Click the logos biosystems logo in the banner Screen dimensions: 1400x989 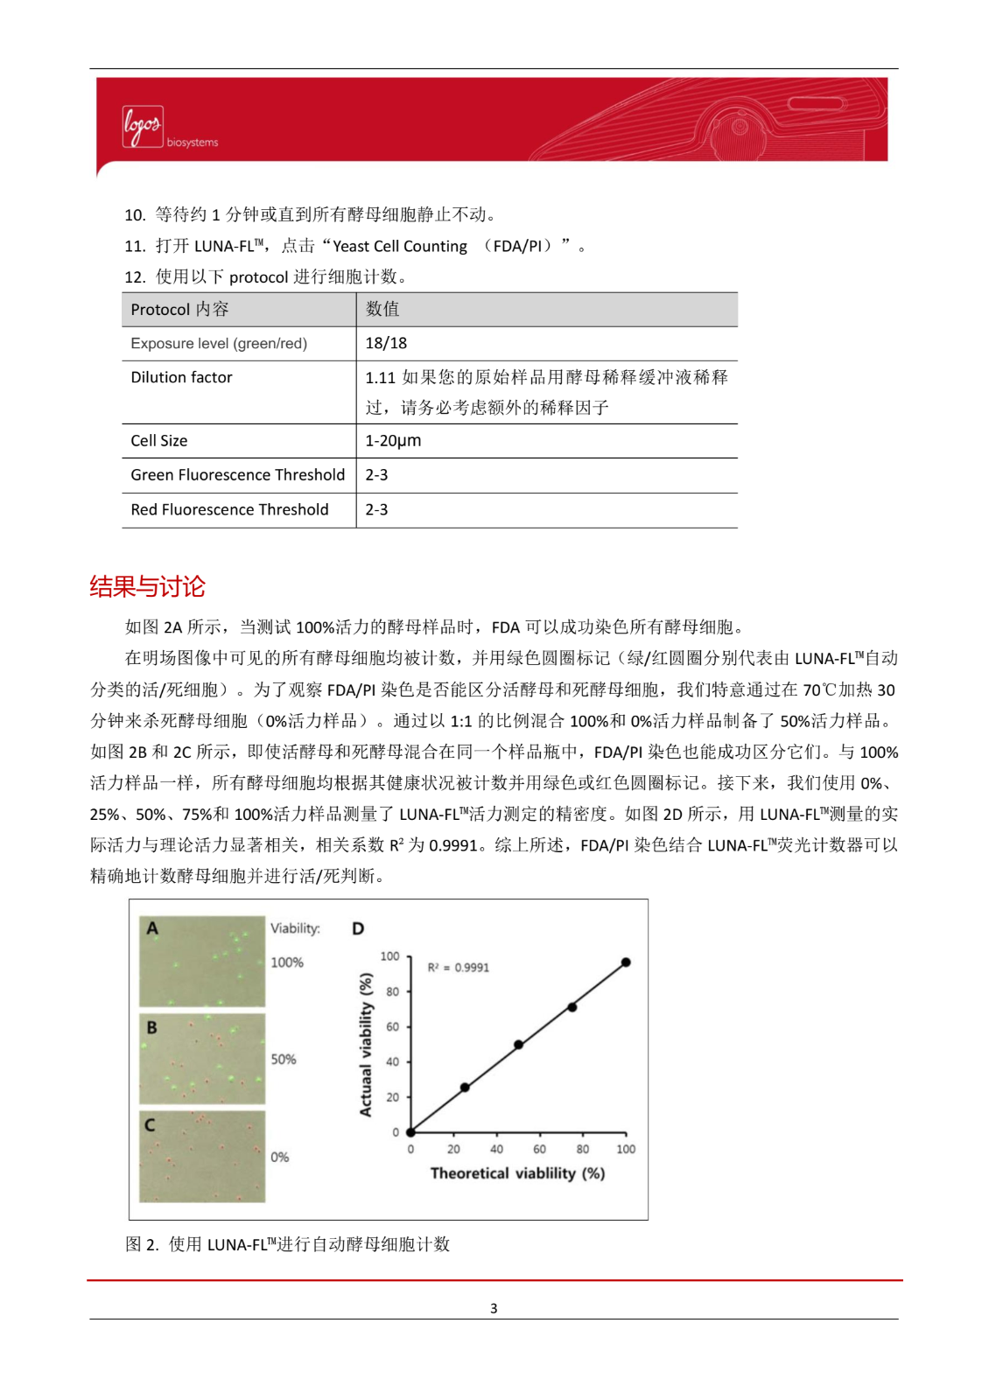pyautogui.click(x=168, y=129)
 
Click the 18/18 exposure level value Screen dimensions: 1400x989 pyautogui.click(x=386, y=343)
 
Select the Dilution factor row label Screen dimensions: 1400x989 pyautogui.click(x=181, y=377)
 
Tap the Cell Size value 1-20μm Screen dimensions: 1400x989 pyautogui.click(x=393, y=440)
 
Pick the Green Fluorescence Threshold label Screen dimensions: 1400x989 pyautogui.click(x=237, y=475)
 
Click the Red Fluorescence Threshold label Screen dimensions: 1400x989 pyautogui.click(x=229, y=509)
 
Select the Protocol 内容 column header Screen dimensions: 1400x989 pyautogui.click(x=179, y=309)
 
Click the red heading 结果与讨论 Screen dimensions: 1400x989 pyautogui.click(x=147, y=586)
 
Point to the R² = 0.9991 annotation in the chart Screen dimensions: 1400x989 pyautogui.click(x=458, y=968)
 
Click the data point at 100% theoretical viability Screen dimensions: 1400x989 pyautogui.click(x=626, y=962)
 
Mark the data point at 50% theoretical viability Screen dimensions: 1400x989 pyautogui.click(x=518, y=1045)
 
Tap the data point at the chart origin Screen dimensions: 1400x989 pyautogui.click(x=410, y=1132)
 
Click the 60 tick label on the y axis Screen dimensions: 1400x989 pyautogui.click(x=393, y=1026)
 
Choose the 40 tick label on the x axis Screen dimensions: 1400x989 pyautogui.click(x=496, y=1150)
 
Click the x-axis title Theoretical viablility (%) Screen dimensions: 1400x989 pyautogui.click(x=517, y=1173)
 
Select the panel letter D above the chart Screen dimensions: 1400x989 pyautogui.click(x=358, y=928)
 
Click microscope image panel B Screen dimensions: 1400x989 pyautogui.click(x=202, y=1059)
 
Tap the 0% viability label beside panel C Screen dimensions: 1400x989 pyautogui.click(x=279, y=1157)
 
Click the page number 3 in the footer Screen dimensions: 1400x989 pyautogui.click(x=494, y=1308)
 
